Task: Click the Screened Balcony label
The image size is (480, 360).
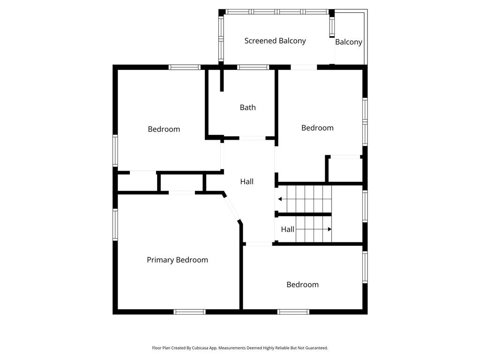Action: click(275, 41)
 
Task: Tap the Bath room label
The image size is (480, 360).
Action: click(247, 107)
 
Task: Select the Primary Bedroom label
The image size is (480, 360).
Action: click(177, 260)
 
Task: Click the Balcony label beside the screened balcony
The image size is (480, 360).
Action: click(349, 42)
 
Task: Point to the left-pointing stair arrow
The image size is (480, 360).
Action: click(305, 199)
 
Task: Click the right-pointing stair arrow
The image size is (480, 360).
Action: click(314, 229)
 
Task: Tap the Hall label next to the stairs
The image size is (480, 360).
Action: click(287, 229)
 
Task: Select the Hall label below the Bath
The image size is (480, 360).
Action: click(247, 181)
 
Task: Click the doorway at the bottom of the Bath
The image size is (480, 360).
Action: click(252, 138)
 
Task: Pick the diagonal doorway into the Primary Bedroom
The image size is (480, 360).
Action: click(232, 209)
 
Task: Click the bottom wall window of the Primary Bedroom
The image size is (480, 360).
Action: click(189, 312)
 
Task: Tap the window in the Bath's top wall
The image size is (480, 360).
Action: click(253, 67)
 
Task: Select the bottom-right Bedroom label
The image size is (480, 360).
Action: click(302, 285)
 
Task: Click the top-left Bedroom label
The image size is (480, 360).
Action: click(164, 129)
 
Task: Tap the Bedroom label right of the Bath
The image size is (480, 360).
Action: click(317, 128)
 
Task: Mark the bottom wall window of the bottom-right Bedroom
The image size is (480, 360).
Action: click(293, 312)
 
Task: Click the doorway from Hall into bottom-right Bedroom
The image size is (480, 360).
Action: click(259, 244)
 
